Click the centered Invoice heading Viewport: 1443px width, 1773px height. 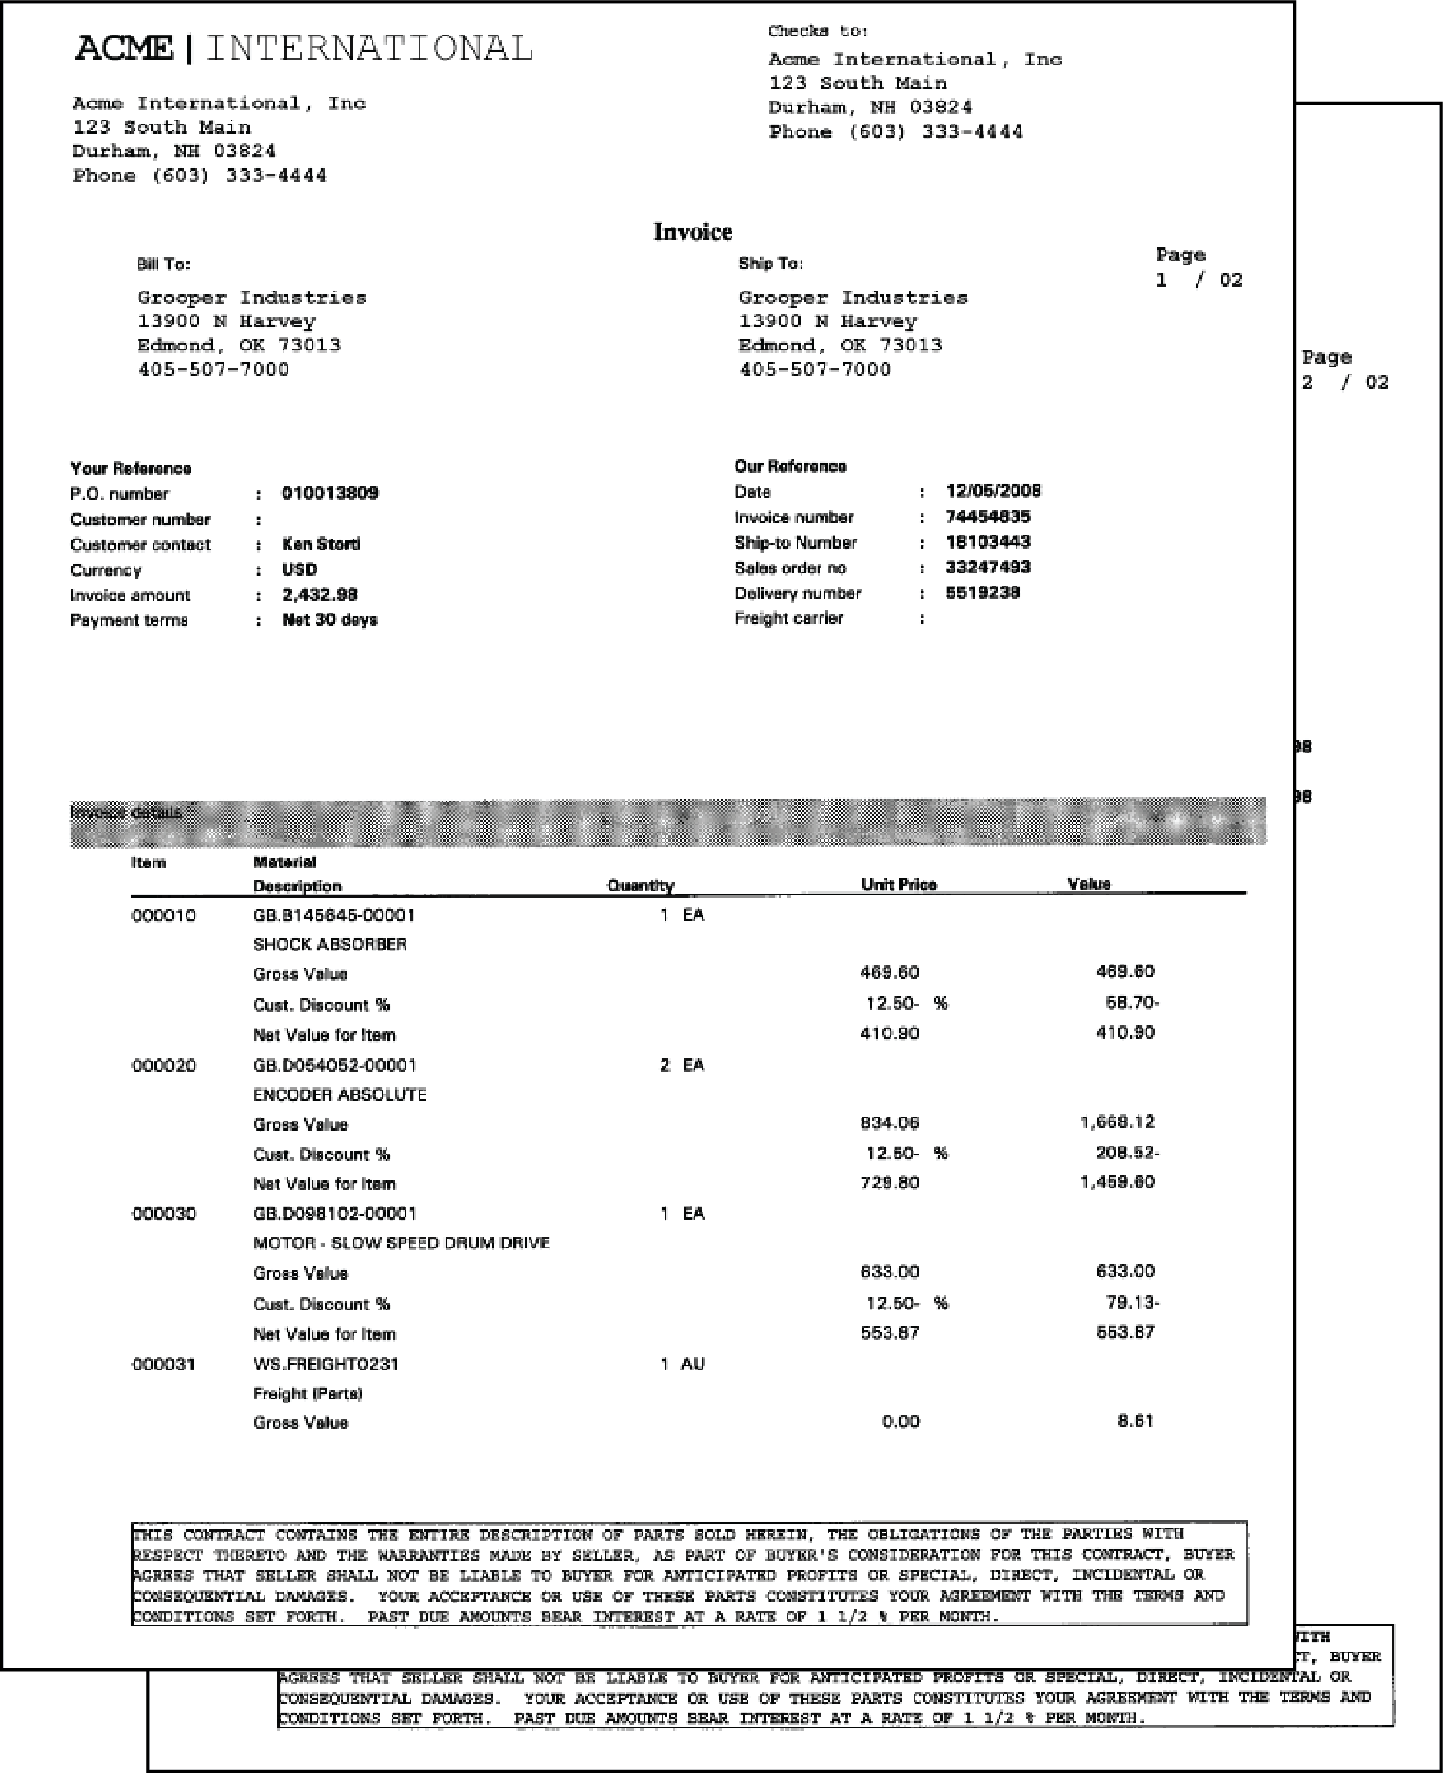click(x=692, y=232)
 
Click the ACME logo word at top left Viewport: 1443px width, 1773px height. click(x=124, y=48)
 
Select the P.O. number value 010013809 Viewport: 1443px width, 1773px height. click(x=330, y=493)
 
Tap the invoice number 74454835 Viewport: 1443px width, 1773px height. click(x=987, y=517)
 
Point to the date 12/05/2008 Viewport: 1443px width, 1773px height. click(x=993, y=491)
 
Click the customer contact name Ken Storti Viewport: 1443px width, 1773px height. click(x=321, y=544)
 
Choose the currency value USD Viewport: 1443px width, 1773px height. click(x=299, y=569)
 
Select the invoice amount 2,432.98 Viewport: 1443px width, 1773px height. click(x=319, y=595)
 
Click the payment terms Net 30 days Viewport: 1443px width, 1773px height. click(x=329, y=620)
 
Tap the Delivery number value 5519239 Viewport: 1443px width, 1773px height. click(x=983, y=593)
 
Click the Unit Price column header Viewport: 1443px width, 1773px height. click(x=898, y=885)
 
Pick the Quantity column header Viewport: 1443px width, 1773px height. click(x=640, y=885)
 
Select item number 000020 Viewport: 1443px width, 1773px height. click(x=164, y=1066)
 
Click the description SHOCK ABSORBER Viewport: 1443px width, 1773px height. click(x=330, y=945)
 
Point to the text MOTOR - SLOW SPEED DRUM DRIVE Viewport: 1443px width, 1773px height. click(x=400, y=1243)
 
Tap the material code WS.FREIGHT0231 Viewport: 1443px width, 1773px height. click(x=326, y=1364)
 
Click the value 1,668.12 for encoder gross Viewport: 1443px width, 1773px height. click(x=1117, y=1122)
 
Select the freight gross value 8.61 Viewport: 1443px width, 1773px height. click(x=1136, y=1421)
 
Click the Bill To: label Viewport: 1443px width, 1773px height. click(x=163, y=264)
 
